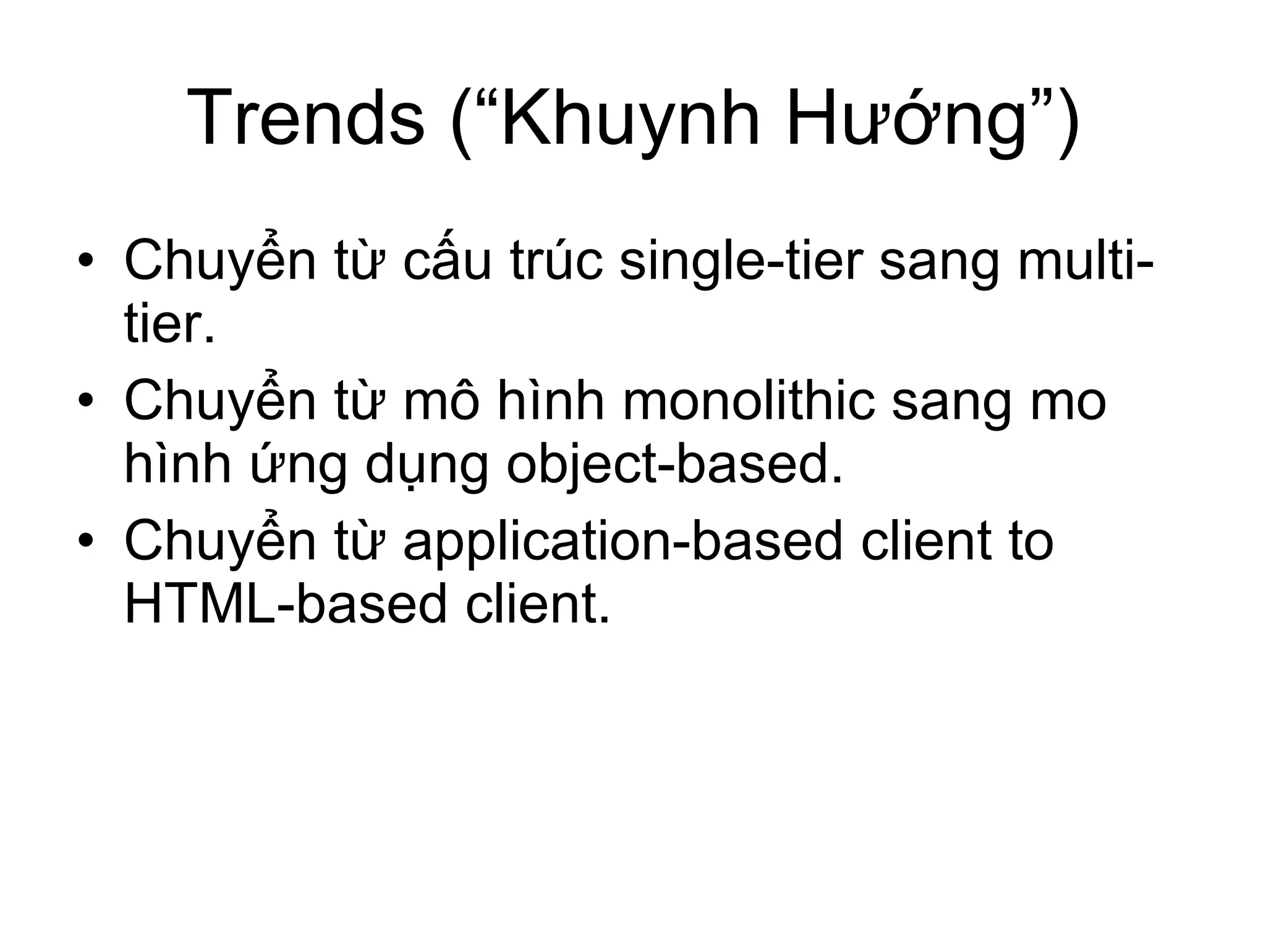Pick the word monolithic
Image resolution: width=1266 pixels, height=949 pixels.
click(749, 400)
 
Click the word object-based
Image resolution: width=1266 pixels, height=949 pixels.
click(674, 465)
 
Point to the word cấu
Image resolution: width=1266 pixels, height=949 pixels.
click(448, 261)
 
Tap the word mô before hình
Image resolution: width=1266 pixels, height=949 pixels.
click(441, 400)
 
